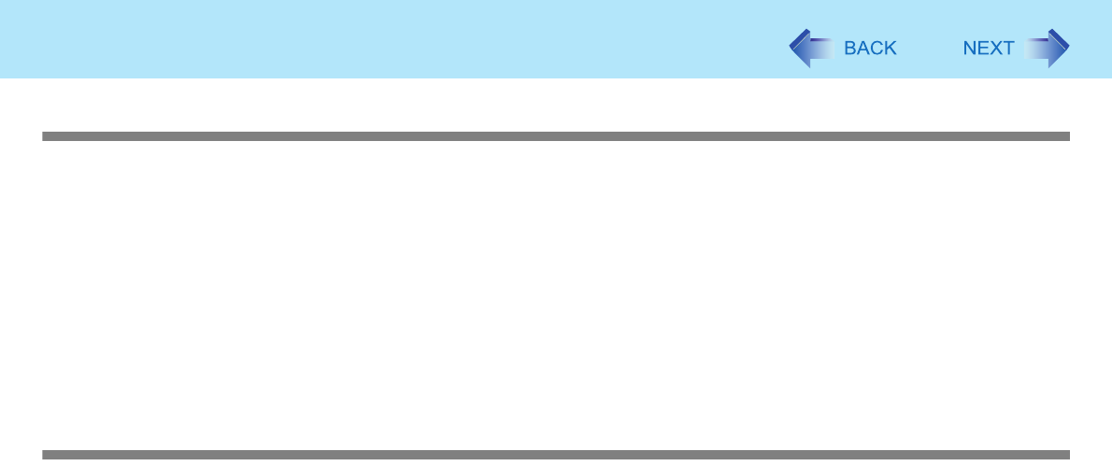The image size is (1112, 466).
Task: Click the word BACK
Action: click(870, 49)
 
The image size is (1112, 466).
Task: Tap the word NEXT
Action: click(989, 49)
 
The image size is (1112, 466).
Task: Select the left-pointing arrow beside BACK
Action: click(810, 49)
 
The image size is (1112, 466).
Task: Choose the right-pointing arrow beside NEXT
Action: click(1048, 49)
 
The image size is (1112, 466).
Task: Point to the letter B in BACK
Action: click(850, 49)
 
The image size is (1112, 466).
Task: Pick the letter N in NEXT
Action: click(970, 49)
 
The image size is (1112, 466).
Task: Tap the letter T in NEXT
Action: click(1008, 49)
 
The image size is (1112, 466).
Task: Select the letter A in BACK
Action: click(863, 49)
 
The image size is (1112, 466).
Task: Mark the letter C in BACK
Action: click(877, 49)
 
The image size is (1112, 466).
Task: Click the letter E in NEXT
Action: click(983, 49)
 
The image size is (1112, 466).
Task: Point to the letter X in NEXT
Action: click(995, 49)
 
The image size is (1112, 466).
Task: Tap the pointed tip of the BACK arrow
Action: click(791, 49)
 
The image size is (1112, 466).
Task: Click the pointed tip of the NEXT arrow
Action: click(1067, 49)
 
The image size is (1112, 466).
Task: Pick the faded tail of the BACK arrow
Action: click(828, 49)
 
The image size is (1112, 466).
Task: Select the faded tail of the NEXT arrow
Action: click(1031, 49)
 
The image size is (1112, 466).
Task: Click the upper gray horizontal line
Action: click(556, 136)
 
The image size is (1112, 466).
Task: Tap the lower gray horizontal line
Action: click(556, 455)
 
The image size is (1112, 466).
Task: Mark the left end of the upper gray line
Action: click(45, 136)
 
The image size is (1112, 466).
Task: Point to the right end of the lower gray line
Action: click(1066, 455)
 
